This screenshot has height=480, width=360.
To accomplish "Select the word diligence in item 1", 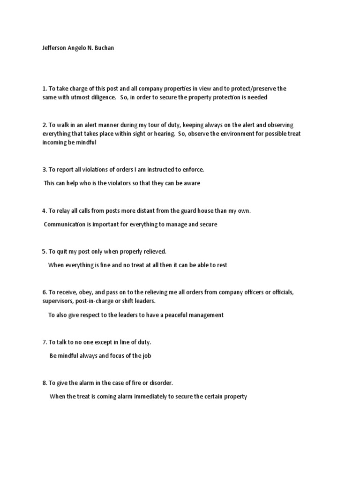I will (102, 97).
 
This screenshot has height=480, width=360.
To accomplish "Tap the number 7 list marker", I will (44, 342).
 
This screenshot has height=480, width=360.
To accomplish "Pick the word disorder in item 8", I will (160, 383).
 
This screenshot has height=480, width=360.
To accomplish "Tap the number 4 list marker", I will (44, 211).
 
